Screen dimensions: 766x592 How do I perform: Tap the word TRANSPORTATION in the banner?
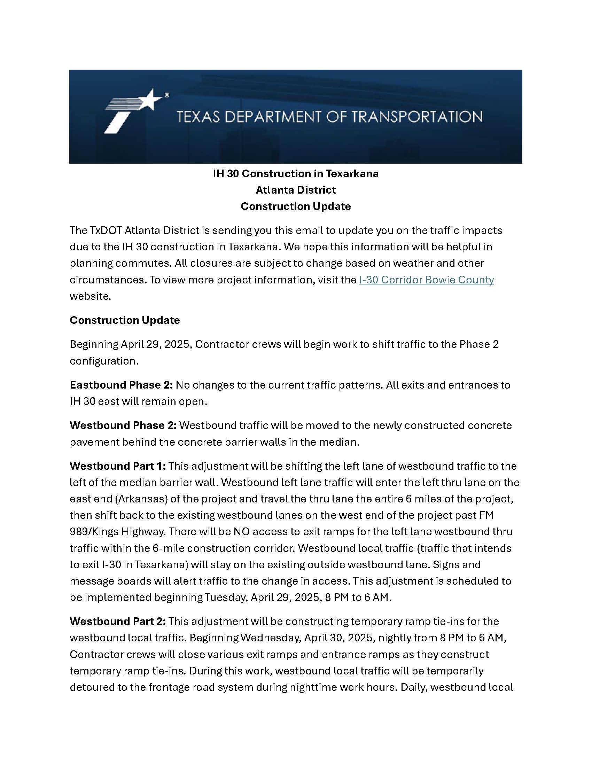[416, 117]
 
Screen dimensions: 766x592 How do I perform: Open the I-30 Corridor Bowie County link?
[426, 280]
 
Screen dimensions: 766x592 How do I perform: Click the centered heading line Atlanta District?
[296, 190]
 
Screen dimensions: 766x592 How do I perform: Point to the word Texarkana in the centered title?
[352, 174]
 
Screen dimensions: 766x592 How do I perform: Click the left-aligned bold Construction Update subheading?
[125, 320]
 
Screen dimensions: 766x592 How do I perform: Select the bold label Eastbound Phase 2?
[121, 385]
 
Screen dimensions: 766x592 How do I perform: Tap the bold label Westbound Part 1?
[117, 466]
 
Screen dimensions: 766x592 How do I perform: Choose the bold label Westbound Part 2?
[117, 621]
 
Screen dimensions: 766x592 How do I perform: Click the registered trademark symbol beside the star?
[167, 95]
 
